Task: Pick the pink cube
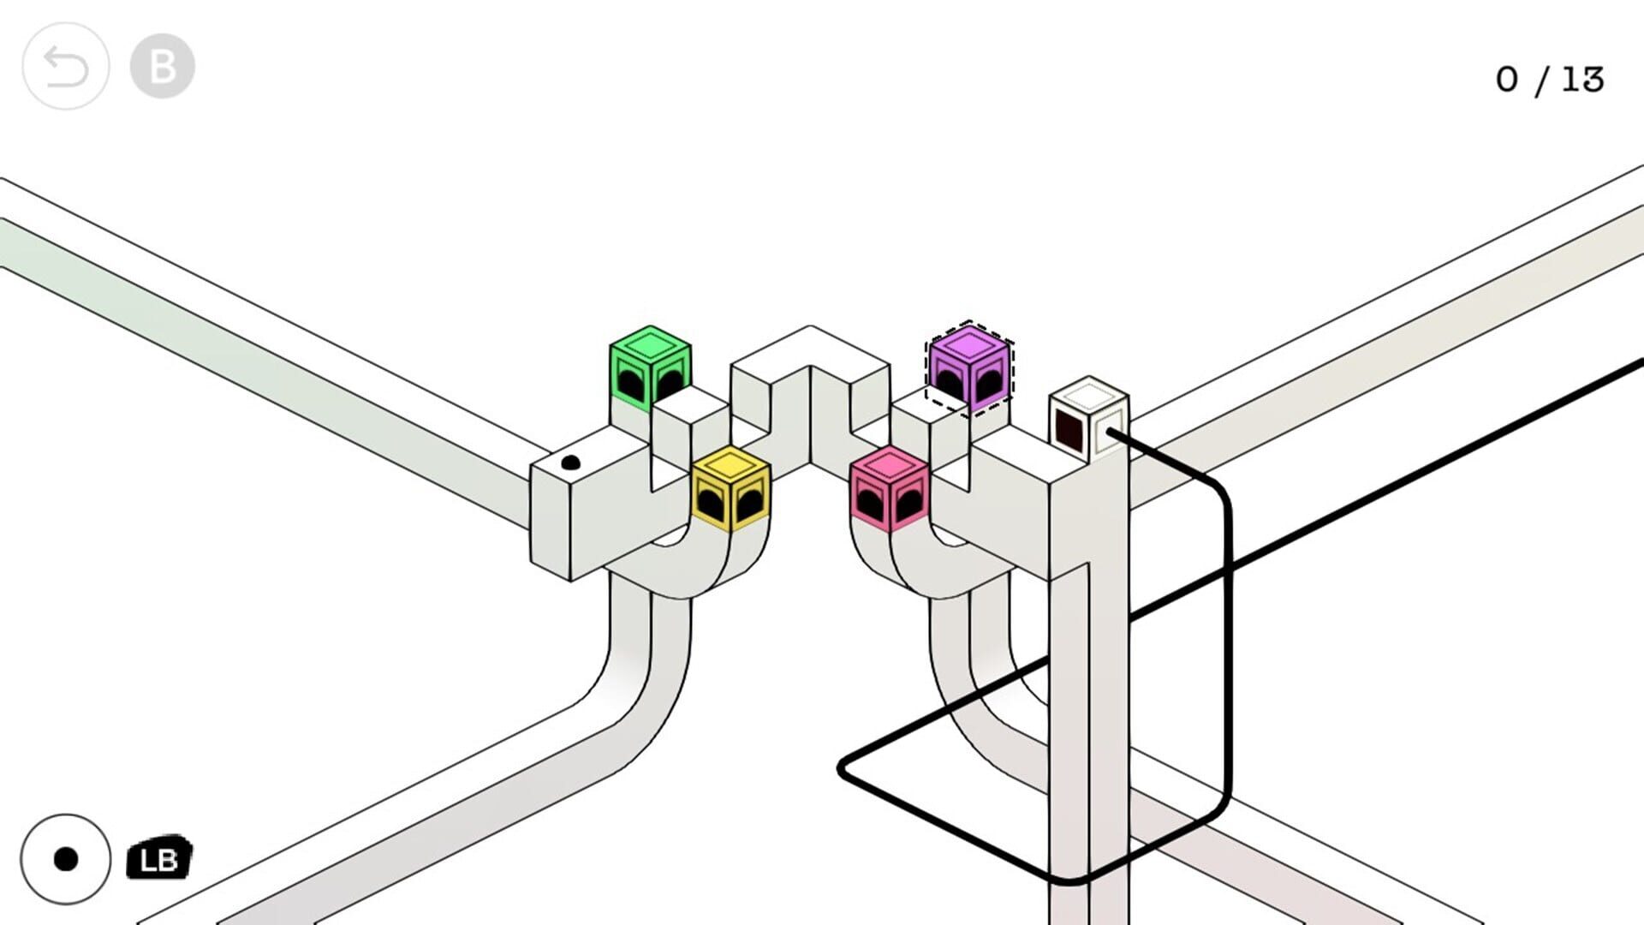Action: pyautogui.click(x=889, y=488)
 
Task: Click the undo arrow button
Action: pyautogui.click(x=65, y=67)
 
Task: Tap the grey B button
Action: pyautogui.click(x=162, y=67)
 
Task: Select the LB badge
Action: pyautogui.click(x=159, y=858)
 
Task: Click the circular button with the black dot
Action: pyautogui.click(x=65, y=859)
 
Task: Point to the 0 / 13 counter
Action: pyautogui.click(x=1549, y=80)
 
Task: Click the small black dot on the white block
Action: pyautogui.click(x=570, y=463)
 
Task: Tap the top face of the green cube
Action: pyautogui.click(x=650, y=344)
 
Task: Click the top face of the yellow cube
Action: pyautogui.click(x=730, y=464)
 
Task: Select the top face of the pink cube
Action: pyautogui.click(x=890, y=465)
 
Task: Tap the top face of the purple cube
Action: pyautogui.click(x=969, y=344)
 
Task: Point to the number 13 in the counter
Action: pyautogui.click(x=1582, y=80)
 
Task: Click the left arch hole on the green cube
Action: pyautogui.click(x=630, y=385)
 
